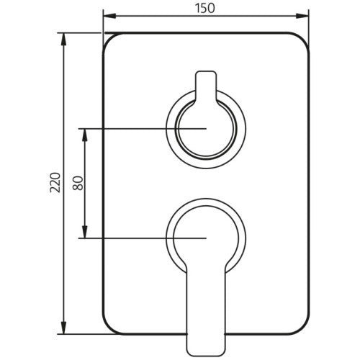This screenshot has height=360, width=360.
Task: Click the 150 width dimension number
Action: tap(204, 8)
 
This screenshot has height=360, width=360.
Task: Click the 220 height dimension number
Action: tap(55, 182)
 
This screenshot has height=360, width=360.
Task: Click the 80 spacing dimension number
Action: tap(78, 183)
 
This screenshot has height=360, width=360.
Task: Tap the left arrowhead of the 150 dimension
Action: tap(109, 16)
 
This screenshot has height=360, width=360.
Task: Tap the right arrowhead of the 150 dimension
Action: tap(302, 16)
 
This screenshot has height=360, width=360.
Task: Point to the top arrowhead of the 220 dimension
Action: tap(63, 39)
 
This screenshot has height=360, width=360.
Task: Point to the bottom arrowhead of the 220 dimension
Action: tap(63, 328)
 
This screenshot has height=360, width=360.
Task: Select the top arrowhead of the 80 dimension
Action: tap(84, 135)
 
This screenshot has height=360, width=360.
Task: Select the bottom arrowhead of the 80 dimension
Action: tap(84, 232)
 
